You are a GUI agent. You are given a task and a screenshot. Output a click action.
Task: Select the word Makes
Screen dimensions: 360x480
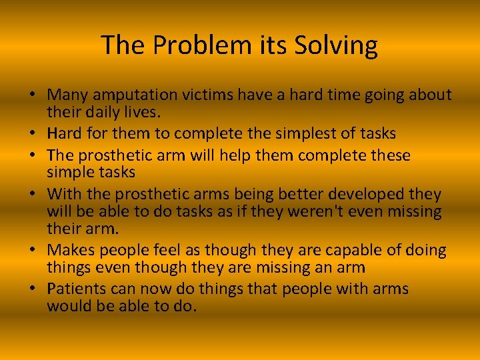tap(73, 250)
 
